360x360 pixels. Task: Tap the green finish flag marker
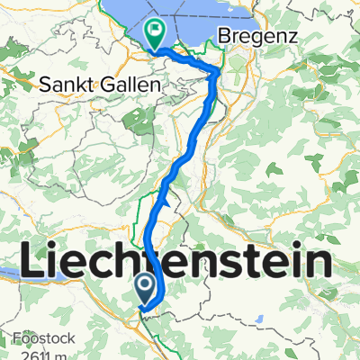point(156,32)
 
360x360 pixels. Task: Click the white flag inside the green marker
point(156,29)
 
